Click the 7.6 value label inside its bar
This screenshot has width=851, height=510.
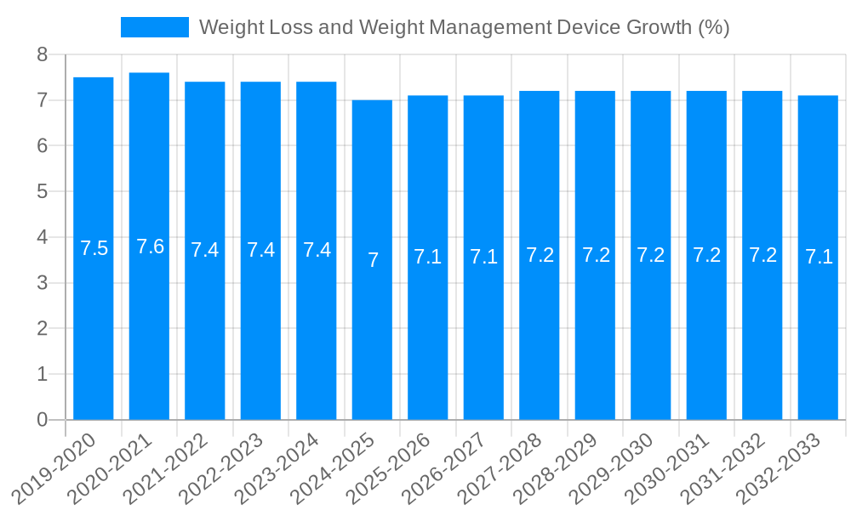tap(150, 246)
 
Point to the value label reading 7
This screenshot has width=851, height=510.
tap(373, 260)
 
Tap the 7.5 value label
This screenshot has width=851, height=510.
tap(94, 248)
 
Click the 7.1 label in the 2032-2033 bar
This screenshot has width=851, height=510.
tap(819, 257)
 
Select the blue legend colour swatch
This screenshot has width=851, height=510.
tap(154, 27)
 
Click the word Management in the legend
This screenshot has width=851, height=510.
tap(488, 27)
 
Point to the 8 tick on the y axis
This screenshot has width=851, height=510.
tap(43, 55)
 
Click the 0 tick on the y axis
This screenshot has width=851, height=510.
tap(43, 420)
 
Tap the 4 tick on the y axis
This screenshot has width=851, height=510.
tap(43, 237)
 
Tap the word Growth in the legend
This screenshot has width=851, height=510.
tap(660, 27)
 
